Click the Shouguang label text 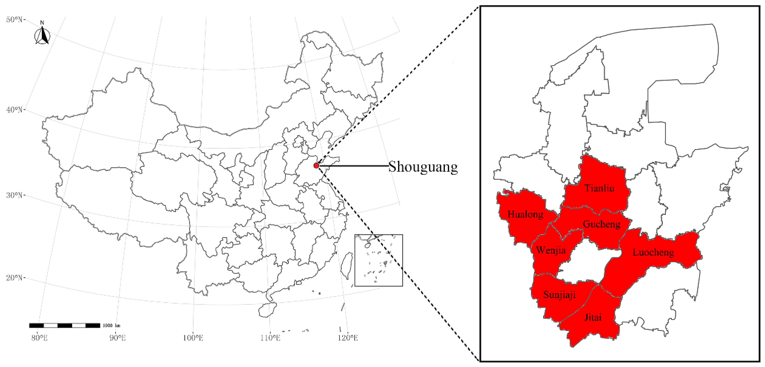pos(423,167)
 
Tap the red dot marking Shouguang pos(316,165)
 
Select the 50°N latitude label pos(14,20)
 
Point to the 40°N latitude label pos(14,110)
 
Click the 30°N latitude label pos(14,195)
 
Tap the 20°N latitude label pos(14,278)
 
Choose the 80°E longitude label pos(39,338)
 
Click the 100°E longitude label pos(193,338)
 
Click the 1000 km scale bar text pos(111,326)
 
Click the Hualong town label pos(525,214)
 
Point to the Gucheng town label pos(602,224)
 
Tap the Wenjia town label pos(551,250)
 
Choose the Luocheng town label pos(653,252)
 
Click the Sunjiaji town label pos(559,295)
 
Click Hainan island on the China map pos(267,310)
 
